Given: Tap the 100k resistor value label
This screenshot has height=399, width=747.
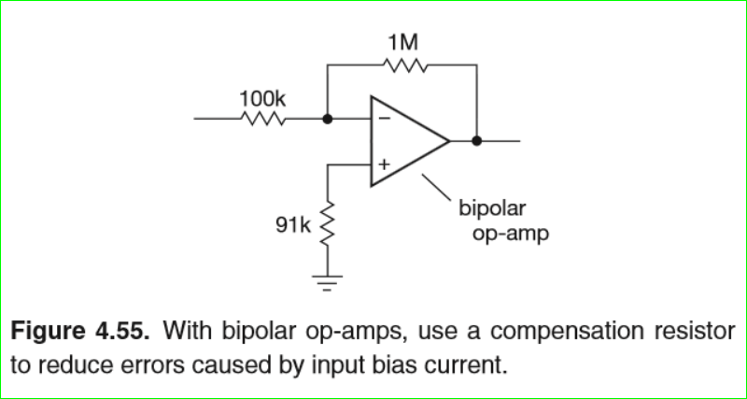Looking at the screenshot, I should click(262, 97).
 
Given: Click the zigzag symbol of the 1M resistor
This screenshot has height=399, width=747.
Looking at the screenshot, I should click(404, 65).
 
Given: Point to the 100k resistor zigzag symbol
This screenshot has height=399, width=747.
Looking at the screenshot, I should click(262, 120).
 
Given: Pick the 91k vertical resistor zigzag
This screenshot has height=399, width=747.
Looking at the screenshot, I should click(327, 223).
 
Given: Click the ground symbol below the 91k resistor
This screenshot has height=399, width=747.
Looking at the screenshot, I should click(327, 280).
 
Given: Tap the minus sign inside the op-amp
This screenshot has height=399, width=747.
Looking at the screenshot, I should click(383, 119).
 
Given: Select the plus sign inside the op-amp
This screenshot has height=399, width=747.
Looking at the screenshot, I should click(383, 165).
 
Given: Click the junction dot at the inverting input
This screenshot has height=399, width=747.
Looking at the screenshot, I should click(327, 120).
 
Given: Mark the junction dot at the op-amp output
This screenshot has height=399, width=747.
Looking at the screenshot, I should click(476, 141).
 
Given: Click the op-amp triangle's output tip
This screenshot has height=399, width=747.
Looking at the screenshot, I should click(449, 141).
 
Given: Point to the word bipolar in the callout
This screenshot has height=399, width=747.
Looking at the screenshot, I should click(492, 207).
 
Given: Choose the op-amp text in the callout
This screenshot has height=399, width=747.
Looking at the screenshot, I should click(510, 233).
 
